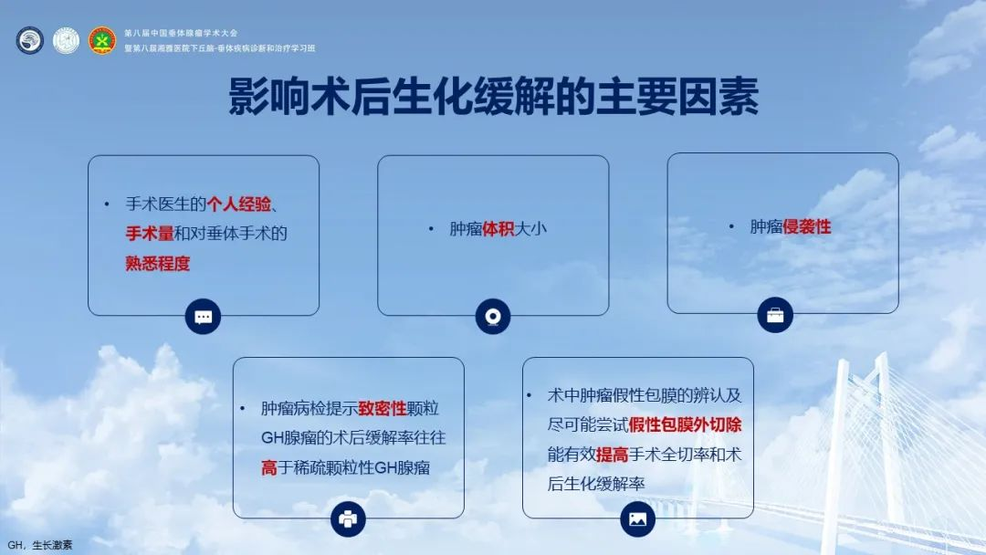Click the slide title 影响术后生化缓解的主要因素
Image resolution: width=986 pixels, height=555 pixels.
click(493, 96)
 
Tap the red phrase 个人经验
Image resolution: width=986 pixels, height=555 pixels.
click(239, 204)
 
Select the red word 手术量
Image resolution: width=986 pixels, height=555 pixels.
click(150, 234)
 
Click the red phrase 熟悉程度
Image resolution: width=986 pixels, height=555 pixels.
click(158, 264)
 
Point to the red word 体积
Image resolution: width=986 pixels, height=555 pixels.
click(498, 229)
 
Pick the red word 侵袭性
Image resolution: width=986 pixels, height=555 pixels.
click(807, 227)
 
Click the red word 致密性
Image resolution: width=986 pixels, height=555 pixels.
click(383, 409)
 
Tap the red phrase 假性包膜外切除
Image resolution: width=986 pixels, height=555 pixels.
click(685, 424)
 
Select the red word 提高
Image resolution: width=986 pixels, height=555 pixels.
click(612, 455)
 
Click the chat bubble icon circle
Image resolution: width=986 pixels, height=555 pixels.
click(203, 317)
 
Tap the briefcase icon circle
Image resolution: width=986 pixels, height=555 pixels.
click(775, 315)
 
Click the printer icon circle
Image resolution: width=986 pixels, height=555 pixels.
click(349, 519)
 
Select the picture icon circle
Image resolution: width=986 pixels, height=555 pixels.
click(637, 519)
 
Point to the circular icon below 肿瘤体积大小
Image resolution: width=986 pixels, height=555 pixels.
click(493, 316)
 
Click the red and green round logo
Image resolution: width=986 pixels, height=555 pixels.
click(102, 40)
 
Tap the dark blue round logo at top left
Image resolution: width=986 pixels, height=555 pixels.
click(29, 40)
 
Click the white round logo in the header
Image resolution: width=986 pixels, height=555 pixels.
click(66, 40)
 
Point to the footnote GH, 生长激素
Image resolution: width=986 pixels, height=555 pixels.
click(40, 545)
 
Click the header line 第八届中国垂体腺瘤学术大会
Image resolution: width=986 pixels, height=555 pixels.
click(181, 33)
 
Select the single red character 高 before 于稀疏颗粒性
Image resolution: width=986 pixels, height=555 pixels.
click(269, 467)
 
